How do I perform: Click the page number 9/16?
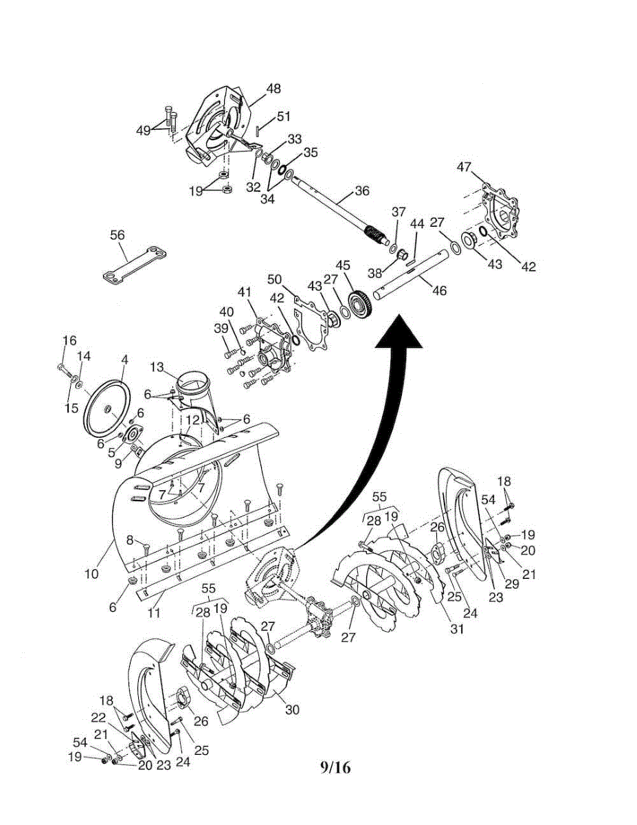click(335, 767)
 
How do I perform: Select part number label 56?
click(118, 235)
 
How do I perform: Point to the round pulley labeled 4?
click(109, 410)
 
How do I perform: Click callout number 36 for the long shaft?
click(362, 190)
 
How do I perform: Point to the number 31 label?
click(458, 628)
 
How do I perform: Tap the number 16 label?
click(69, 340)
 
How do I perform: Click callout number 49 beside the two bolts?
click(143, 130)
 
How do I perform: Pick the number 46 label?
click(439, 291)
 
